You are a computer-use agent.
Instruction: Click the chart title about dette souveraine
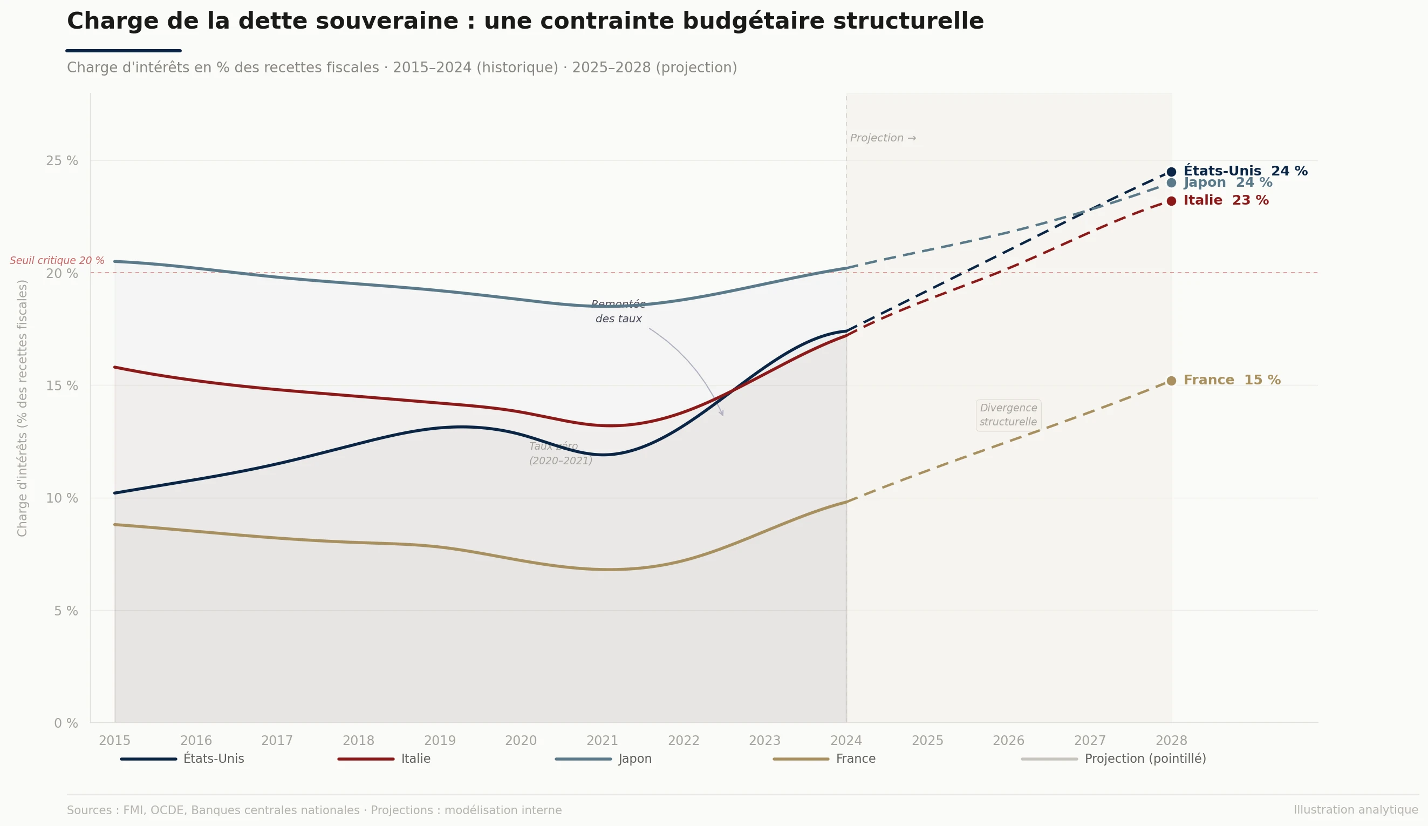pyautogui.click(x=525, y=22)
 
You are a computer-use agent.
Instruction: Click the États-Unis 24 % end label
pyautogui.click(x=1245, y=171)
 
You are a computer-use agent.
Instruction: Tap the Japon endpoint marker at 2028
pyautogui.click(x=1171, y=183)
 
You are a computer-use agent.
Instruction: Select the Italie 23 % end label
pyautogui.click(x=1226, y=201)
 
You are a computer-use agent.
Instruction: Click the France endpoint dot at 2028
pyautogui.click(x=1171, y=381)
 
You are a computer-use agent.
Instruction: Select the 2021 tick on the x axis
pyautogui.click(x=602, y=740)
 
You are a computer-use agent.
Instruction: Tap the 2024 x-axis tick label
pyautogui.click(x=846, y=740)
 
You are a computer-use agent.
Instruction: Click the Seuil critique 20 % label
pyautogui.click(x=57, y=261)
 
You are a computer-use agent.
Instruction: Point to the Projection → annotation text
pyautogui.click(x=882, y=138)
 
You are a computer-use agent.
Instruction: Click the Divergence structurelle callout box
pyautogui.click(x=1008, y=415)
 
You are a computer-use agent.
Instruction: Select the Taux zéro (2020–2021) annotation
pyautogui.click(x=560, y=453)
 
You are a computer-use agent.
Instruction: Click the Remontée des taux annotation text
pyautogui.click(x=618, y=312)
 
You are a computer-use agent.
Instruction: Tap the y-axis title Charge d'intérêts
pyautogui.click(x=23, y=408)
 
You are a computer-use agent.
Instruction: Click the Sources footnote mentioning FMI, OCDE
pyautogui.click(x=314, y=810)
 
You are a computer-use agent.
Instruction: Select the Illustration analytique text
pyautogui.click(x=1355, y=810)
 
